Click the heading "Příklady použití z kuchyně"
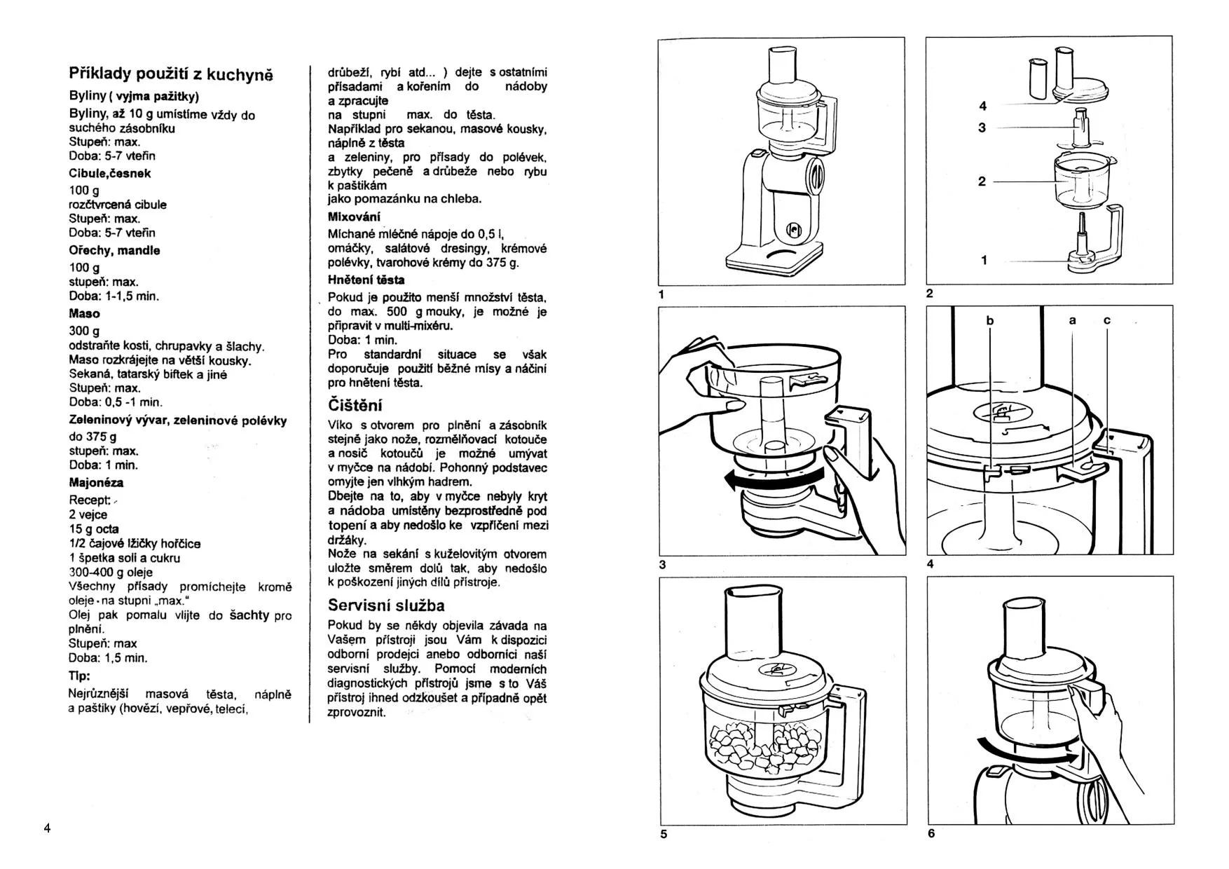point(171,74)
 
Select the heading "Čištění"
point(355,405)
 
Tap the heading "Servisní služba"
point(386,605)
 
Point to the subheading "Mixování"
point(354,217)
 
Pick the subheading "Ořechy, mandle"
point(114,250)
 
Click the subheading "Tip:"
point(79,676)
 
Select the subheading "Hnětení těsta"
point(366,280)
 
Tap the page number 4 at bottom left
point(47,828)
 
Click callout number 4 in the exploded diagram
point(983,106)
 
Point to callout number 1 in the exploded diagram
point(984,260)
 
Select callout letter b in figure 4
point(990,321)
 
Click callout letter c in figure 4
point(1107,320)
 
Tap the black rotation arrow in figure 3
point(771,479)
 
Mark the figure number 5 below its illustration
point(664,834)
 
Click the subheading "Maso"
point(84,314)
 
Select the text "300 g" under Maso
point(84,331)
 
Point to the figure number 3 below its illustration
point(663,564)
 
